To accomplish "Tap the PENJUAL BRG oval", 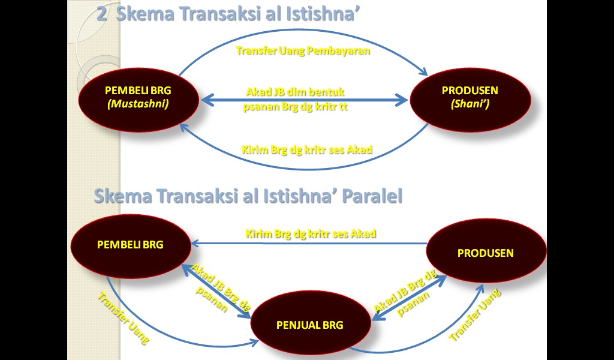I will tap(310, 325).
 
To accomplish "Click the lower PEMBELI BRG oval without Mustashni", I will tap(130, 244).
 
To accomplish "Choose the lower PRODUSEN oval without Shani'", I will tap(486, 253).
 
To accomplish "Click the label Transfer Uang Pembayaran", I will tap(303, 51).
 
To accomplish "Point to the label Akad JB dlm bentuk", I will tap(296, 92).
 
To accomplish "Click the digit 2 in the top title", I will tap(102, 14).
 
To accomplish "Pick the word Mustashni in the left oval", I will tap(137, 104).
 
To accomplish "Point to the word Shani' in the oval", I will tap(470, 104).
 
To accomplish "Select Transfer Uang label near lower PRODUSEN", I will tap(475, 315).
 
